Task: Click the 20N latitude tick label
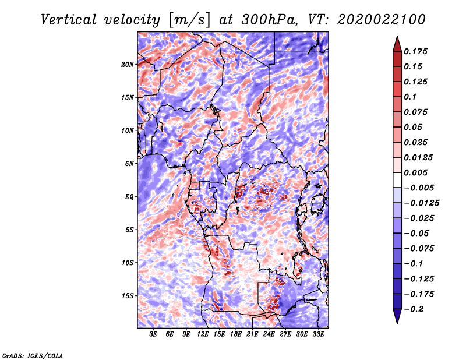coord(128,65)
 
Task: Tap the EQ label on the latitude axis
coord(129,197)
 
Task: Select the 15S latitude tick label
coord(128,296)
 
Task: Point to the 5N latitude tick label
coord(129,164)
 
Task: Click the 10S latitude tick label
coord(128,263)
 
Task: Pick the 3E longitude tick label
coord(153,334)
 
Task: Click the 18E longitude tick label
coord(236,334)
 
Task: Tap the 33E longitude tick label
coord(318,334)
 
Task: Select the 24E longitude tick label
coord(269,334)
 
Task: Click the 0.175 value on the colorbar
coord(415,51)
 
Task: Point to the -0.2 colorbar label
coord(414,309)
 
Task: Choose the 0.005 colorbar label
coord(415,172)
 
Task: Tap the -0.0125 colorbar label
coord(421,203)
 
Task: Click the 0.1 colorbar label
coord(410,97)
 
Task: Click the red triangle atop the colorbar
coord(397,44)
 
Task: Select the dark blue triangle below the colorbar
coord(397,316)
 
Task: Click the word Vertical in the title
coord(69,20)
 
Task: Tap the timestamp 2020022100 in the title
coord(382,20)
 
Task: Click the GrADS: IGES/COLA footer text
coord(33,355)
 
